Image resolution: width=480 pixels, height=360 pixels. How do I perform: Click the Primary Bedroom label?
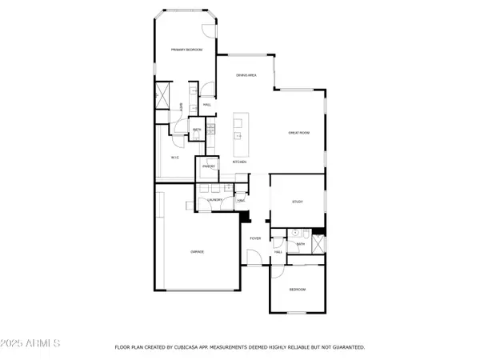coord(186,50)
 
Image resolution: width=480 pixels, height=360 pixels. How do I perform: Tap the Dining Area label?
coord(246,75)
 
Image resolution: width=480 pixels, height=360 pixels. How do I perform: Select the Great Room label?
coord(299,133)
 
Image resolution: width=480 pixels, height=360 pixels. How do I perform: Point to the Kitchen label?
coord(238,162)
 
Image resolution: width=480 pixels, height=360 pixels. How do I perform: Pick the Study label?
coord(297,202)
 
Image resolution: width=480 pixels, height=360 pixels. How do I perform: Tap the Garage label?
coord(197,252)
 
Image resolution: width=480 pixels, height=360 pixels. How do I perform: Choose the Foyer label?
coord(255,238)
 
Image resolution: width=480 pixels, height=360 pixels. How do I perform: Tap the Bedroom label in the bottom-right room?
coord(297,289)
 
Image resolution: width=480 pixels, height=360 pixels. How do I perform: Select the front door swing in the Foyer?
coord(253,258)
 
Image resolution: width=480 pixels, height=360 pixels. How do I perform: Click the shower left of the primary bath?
coord(162,96)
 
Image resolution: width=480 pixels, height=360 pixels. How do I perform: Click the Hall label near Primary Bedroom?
coord(206,104)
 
